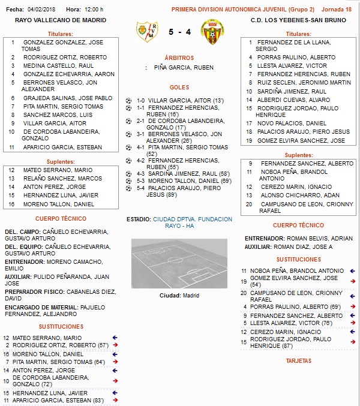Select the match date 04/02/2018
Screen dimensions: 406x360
coord(41,10)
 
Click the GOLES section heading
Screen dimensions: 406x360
coord(179,87)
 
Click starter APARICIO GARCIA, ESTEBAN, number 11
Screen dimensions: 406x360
coord(62,147)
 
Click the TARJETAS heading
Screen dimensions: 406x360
coord(299,361)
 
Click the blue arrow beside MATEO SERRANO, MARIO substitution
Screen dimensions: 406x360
coord(115,338)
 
